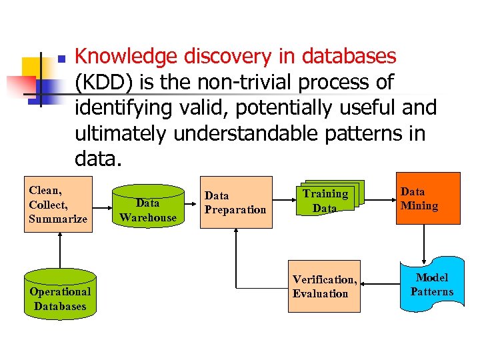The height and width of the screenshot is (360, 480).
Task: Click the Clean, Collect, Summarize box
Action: [58, 205]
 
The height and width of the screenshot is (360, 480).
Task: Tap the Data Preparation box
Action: [237, 203]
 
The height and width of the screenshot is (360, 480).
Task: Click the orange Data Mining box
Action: [429, 199]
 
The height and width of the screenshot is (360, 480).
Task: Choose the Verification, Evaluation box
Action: [325, 286]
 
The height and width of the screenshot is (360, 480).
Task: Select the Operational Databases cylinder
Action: [60, 294]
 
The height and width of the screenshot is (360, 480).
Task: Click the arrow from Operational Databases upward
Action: [60, 250]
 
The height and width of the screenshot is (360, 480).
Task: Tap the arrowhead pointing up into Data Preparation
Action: [236, 235]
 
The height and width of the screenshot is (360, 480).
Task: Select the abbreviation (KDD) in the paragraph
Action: [101, 83]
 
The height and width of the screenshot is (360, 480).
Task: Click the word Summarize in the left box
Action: [58, 219]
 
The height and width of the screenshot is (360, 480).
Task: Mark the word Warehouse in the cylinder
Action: [148, 217]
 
